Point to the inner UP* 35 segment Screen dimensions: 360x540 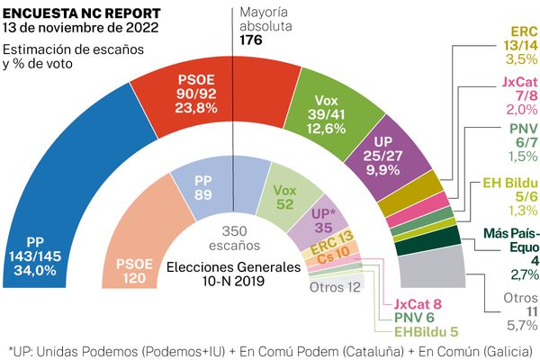point(322,220)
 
